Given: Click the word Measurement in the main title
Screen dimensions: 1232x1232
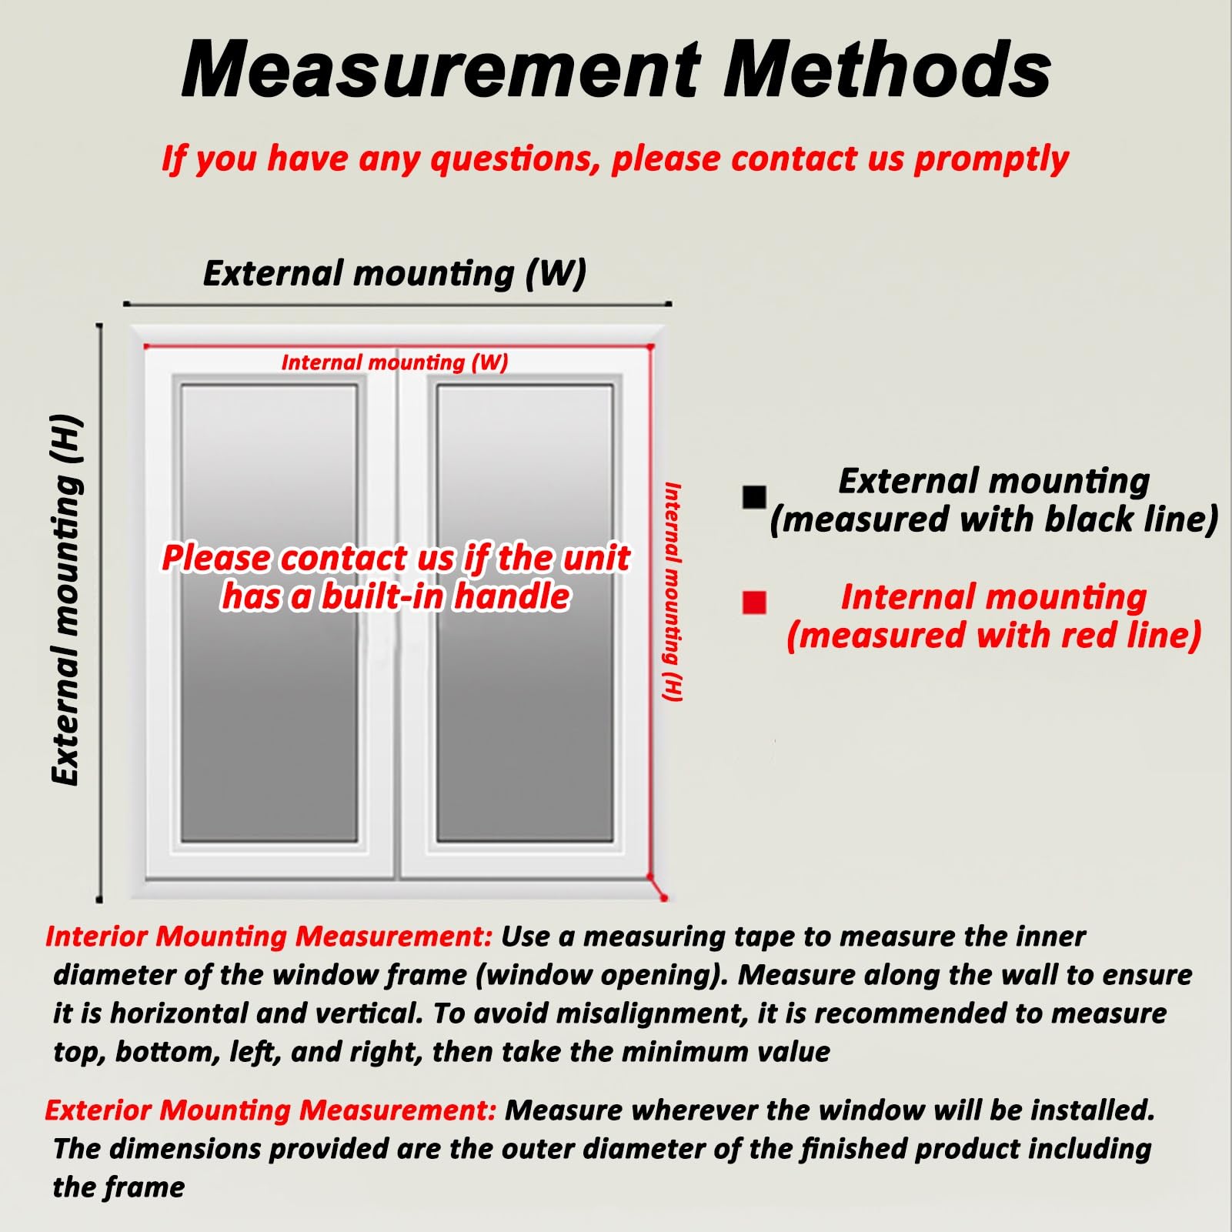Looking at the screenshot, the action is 441,70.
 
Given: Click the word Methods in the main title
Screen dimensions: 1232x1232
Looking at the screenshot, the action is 887,70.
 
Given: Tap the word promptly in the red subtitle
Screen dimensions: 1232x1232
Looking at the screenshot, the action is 991,159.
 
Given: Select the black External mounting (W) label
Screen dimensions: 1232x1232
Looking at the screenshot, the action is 395,273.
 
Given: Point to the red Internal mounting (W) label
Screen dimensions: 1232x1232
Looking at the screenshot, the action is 395,362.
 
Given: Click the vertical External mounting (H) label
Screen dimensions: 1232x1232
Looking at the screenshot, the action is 66,599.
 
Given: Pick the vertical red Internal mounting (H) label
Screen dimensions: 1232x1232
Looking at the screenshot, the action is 673,592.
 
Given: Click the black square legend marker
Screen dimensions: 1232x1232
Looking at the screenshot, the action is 754,497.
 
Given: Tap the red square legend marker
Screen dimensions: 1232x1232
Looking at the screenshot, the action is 754,602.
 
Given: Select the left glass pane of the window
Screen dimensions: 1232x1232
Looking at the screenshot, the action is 269,613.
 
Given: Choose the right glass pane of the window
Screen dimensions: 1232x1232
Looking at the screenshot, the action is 525,613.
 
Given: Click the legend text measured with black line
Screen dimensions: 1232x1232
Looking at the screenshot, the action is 994,519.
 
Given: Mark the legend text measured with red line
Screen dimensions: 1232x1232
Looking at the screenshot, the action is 994,636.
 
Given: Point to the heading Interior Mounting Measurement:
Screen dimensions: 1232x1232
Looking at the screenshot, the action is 269,937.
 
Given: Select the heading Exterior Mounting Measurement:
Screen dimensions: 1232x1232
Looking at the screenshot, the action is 270,1110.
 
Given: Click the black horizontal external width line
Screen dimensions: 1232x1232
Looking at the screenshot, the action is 398,305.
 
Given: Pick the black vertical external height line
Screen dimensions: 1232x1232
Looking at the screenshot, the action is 99,613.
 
